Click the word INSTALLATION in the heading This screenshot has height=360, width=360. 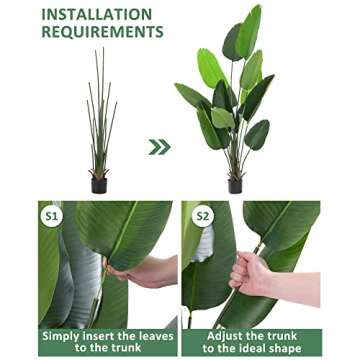(97, 14)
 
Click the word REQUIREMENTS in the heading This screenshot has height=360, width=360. (102, 32)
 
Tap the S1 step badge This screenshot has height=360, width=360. (52, 216)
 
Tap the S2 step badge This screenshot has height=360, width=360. (203, 216)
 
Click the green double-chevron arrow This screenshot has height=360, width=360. (159, 147)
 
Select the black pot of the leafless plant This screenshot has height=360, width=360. (99, 185)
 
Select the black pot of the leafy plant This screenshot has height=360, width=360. (235, 186)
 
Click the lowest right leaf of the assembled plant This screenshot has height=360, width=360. (257, 135)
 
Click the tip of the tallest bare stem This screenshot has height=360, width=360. (103, 48)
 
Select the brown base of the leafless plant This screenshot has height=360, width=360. (99, 173)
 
